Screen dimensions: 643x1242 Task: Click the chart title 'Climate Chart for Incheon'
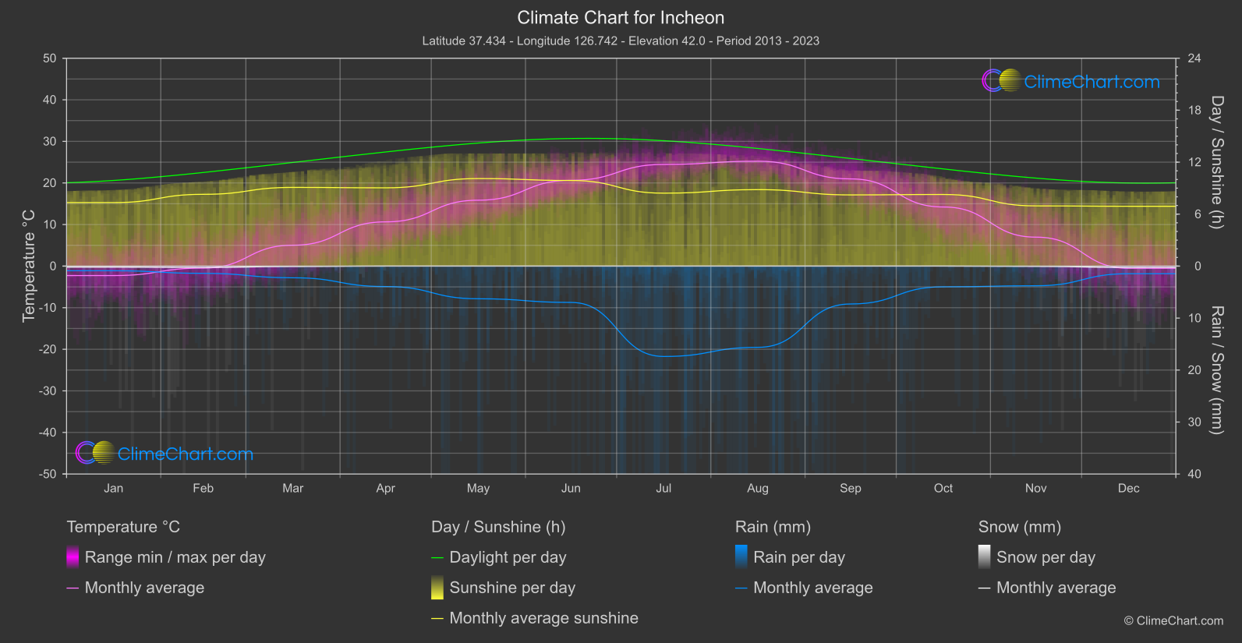(x=621, y=18)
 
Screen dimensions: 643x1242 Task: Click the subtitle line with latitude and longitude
(x=621, y=41)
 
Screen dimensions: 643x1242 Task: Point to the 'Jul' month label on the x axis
(x=663, y=489)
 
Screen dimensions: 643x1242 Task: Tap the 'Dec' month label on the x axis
(x=1128, y=489)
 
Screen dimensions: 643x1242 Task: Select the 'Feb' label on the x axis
(x=203, y=489)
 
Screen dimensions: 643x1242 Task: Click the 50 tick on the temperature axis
(x=50, y=58)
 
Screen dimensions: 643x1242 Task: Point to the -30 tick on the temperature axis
(x=48, y=391)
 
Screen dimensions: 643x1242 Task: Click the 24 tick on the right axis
(x=1194, y=58)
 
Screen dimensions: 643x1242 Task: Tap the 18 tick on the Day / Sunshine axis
(x=1194, y=111)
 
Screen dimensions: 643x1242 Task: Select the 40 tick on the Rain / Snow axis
(x=1194, y=474)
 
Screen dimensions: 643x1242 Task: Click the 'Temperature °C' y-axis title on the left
(x=29, y=266)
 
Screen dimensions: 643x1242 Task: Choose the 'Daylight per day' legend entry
(x=508, y=557)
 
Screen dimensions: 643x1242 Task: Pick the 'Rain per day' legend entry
(x=798, y=557)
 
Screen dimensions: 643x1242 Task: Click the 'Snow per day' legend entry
(x=1045, y=557)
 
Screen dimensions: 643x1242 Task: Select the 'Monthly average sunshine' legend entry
(x=543, y=618)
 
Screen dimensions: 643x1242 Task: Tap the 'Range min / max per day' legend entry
(x=175, y=557)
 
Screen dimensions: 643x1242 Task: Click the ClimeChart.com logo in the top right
(x=1071, y=81)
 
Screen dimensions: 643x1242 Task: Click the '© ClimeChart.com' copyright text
(x=1173, y=621)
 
